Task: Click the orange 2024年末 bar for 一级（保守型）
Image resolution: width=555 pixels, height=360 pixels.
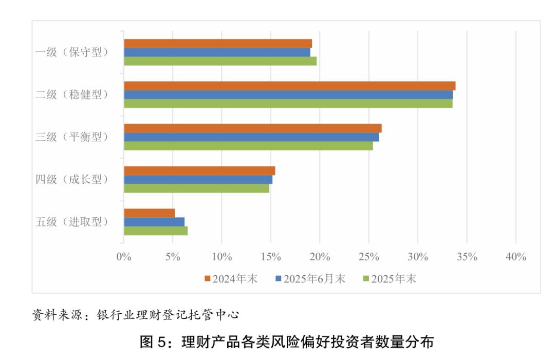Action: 217,44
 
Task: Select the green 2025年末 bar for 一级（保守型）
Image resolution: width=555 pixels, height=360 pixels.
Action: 220,61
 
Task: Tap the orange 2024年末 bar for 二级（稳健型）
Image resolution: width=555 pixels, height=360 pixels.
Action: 289,86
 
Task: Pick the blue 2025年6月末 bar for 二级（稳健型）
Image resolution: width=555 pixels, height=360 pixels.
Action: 288,94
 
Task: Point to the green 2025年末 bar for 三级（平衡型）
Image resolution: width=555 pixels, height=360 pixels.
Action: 248,146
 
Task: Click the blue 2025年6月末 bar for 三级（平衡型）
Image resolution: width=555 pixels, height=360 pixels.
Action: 251,137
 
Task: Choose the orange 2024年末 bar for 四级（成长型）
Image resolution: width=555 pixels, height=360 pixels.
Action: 199,170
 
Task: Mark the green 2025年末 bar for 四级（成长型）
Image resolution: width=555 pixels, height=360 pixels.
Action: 196,188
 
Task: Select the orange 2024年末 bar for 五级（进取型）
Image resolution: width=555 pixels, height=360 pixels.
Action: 149,213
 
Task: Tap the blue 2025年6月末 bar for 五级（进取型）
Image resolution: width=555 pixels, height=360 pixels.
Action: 154,222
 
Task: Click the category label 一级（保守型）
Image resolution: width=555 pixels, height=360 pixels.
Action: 72,52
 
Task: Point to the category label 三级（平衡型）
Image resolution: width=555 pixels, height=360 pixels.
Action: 72,137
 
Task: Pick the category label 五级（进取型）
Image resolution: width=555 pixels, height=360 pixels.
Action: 72,222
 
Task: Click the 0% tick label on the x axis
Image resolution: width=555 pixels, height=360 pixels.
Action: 124,257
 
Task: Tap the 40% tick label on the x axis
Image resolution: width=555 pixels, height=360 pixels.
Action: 515,257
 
